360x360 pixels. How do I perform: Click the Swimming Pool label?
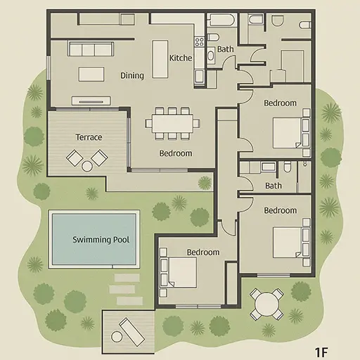click(101, 240)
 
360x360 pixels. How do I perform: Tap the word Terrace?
click(89, 137)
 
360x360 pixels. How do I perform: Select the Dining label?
click(132, 75)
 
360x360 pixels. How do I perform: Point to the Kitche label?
click(181, 58)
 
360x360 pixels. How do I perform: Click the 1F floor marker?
click(321, 352)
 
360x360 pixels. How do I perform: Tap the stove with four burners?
click(199, 42)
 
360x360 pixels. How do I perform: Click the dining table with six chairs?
click(172, 123)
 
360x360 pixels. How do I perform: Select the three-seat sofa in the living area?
click(91, 49)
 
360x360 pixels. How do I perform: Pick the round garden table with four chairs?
click(266, 304)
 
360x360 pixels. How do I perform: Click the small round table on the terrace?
click(87, 166)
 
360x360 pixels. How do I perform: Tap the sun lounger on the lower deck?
click(131, 332)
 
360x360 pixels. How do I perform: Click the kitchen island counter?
click(160, 59)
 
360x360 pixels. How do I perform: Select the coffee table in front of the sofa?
click(91, 74)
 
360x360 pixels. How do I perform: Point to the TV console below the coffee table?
click(91, 101)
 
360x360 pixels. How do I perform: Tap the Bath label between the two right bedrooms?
click(274, 186)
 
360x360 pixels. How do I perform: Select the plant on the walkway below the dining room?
click(205, 183)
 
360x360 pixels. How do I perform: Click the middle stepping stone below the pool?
click(122, 289)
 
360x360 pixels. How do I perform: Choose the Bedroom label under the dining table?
click(176, 153)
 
